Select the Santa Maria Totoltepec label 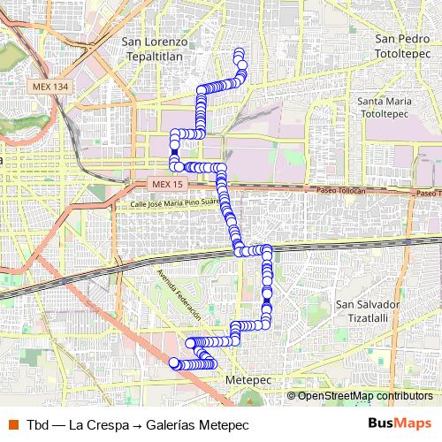pyautogui.click(x=392, y=108)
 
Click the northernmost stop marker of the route pyautogui.click(x=238, y=54)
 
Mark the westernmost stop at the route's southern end pyautogui.click(x=174, y=362)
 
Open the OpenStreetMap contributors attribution pyautogui.click(x=365, y=395)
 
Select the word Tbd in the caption pyautogui.click(x=37, y=423)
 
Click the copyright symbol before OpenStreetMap pyautogui.click(x=292, y=395)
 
